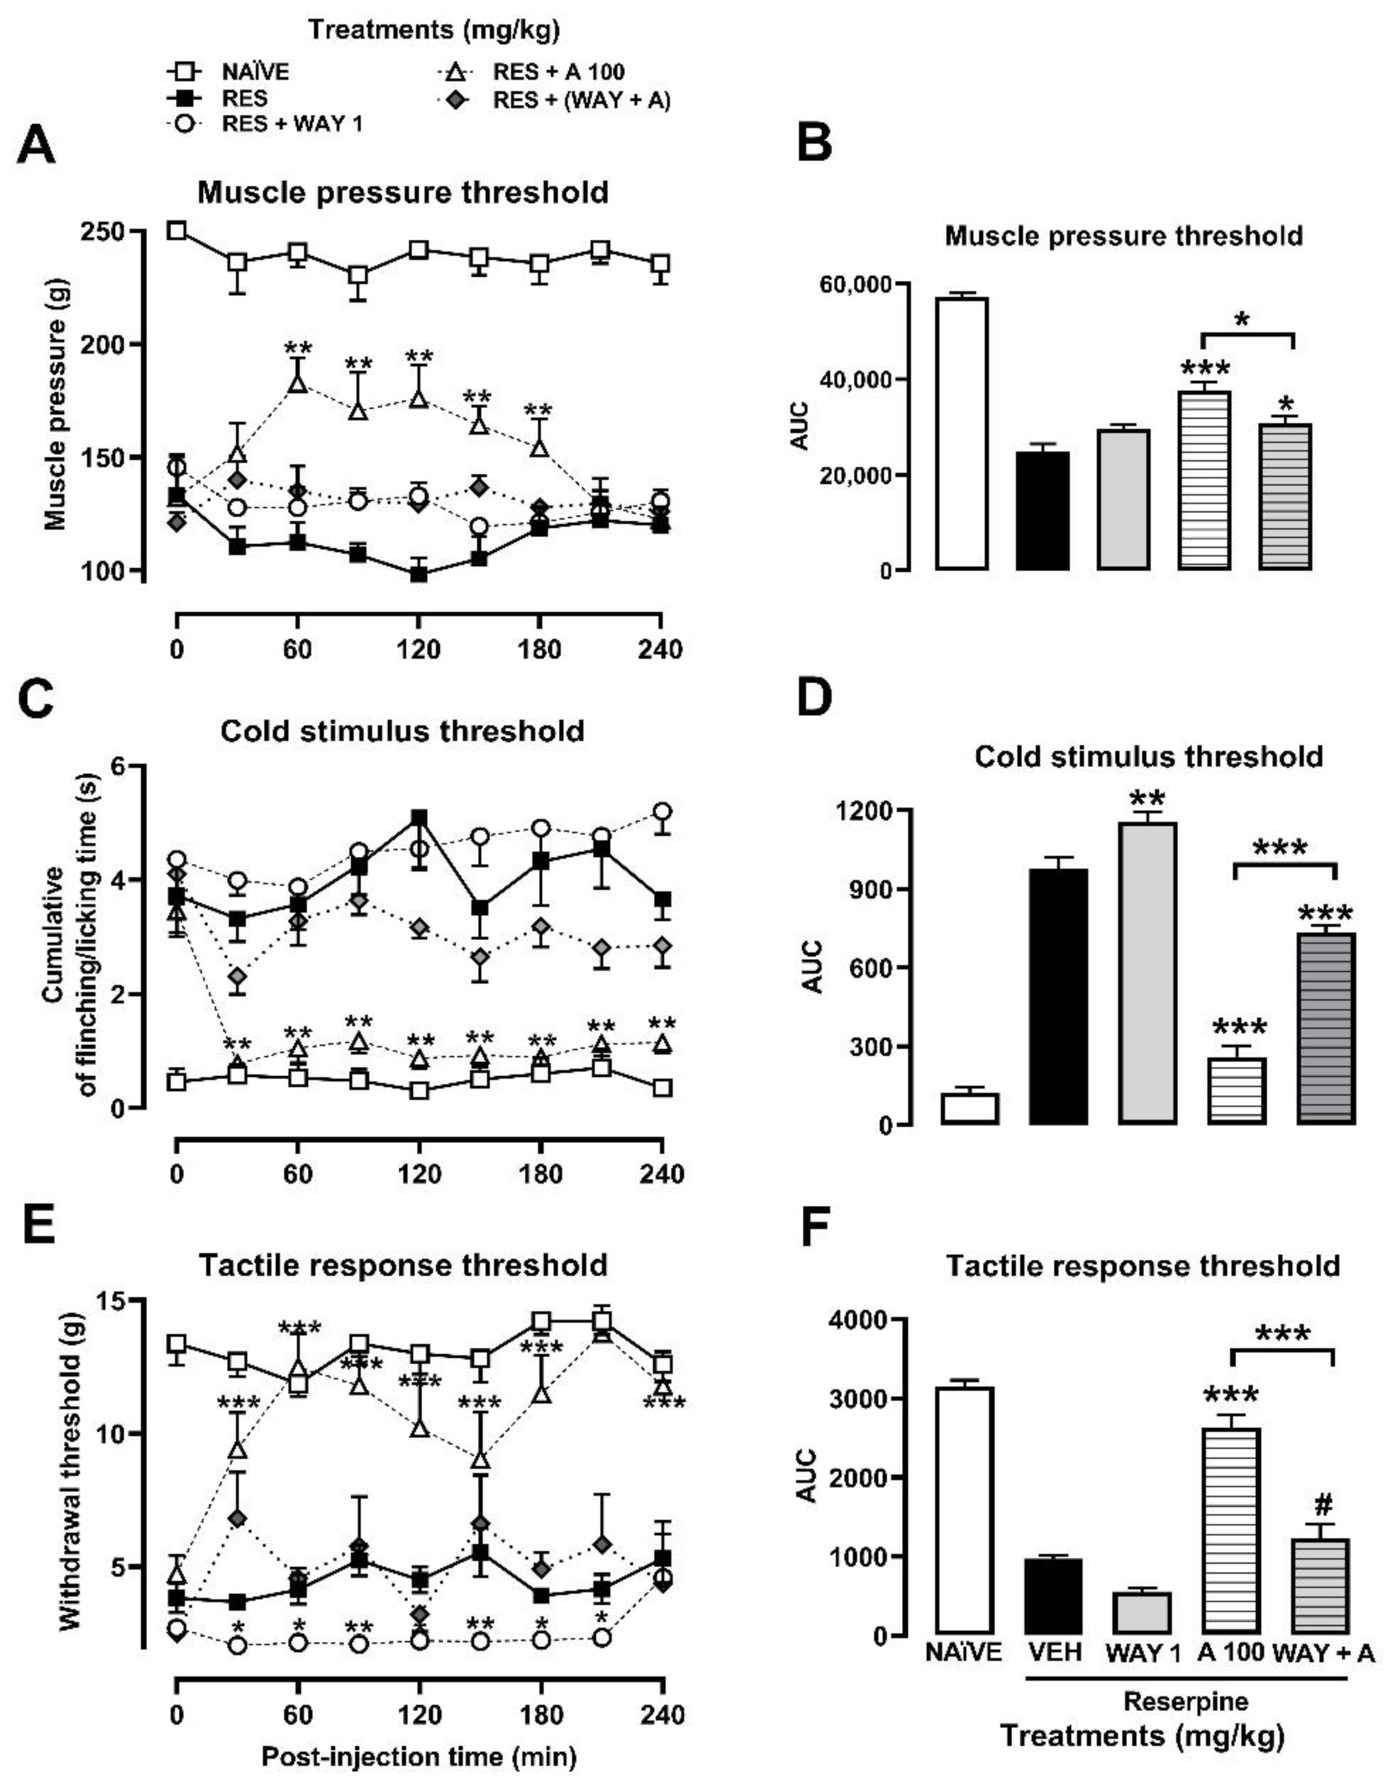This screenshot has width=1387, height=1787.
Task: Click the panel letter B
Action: [x=814, y=143]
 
